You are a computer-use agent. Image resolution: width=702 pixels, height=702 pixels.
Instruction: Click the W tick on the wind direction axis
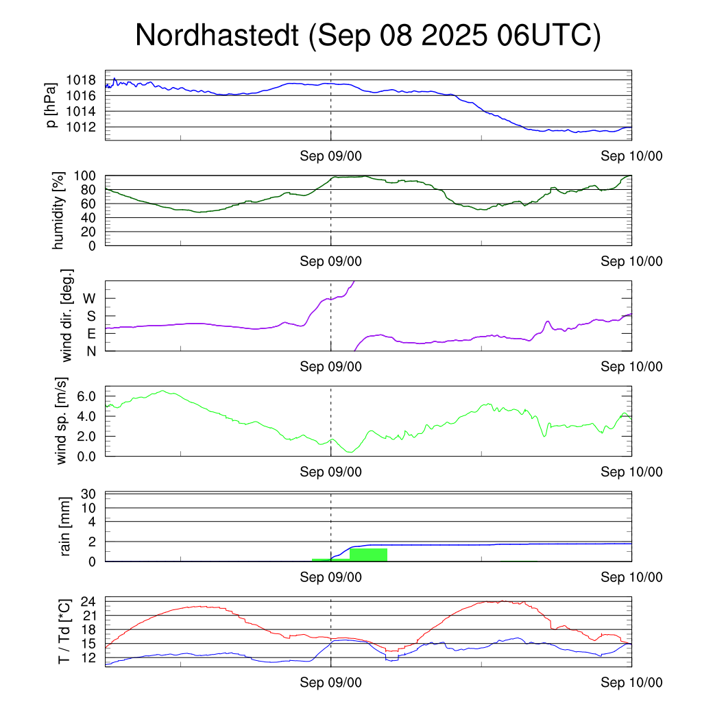click(90, 298)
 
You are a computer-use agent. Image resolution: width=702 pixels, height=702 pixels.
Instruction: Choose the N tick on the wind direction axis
click(91, 351)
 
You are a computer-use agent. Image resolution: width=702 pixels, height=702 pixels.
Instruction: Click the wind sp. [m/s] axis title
click(62, 420)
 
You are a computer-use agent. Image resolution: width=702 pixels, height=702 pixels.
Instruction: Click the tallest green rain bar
click(368, 555)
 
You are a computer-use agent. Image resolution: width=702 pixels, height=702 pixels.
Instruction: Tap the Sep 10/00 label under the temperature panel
click(631, 683)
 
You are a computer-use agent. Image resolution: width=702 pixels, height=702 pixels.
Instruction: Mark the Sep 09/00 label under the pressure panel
click(330, 156)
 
